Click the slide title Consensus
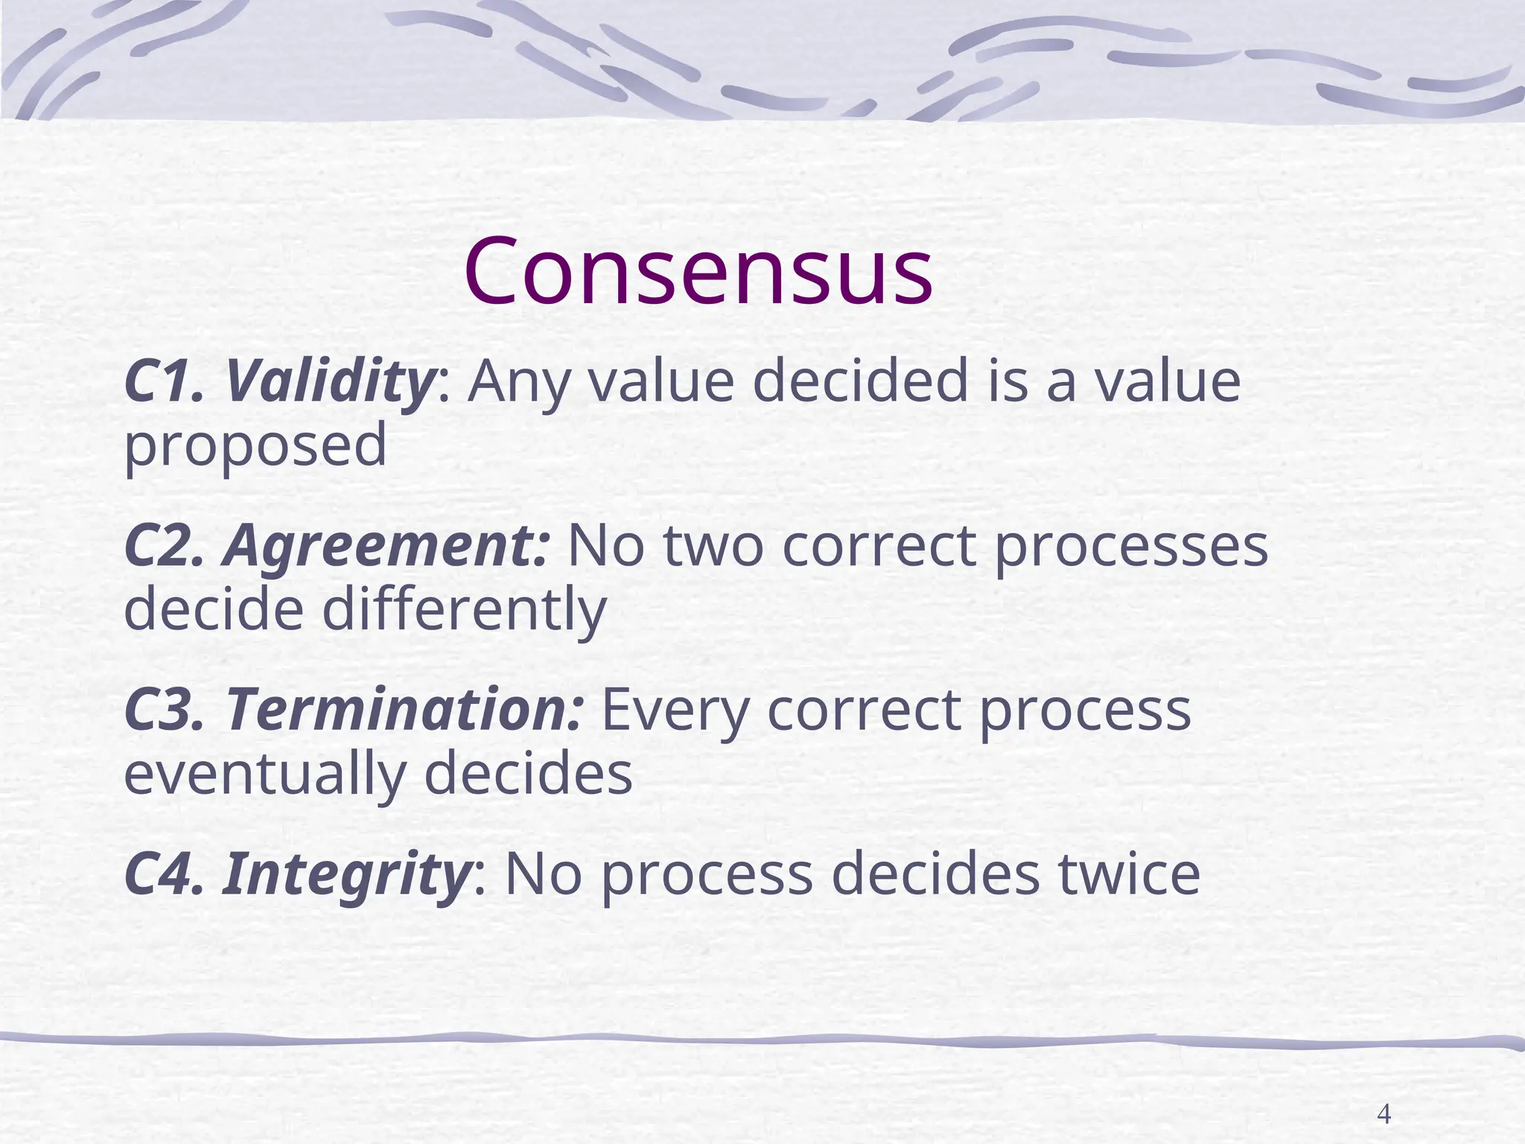(x=698, y=271)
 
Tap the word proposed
(x=255, y=445)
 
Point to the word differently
(x=465, y=609)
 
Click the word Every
(x=674, y=710)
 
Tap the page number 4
(x=1384, y=1093)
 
